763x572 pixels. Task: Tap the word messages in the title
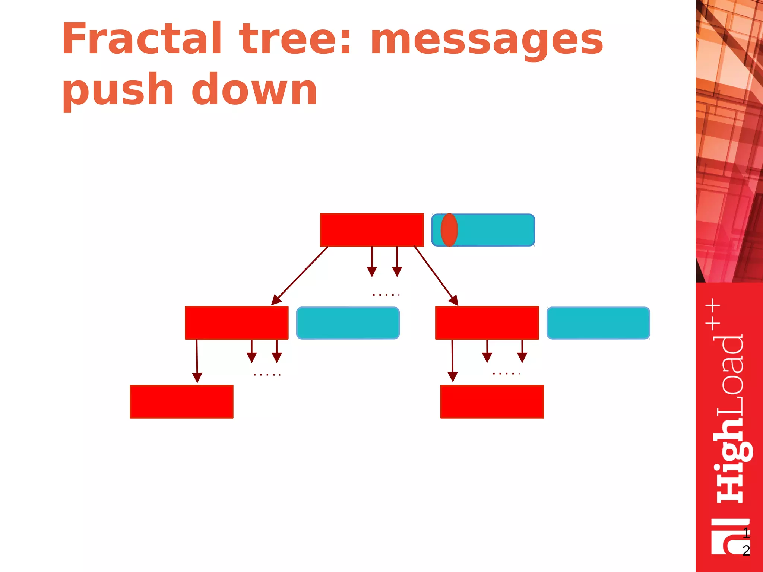[x=487, y=40]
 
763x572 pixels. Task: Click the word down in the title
[x=254, y=89]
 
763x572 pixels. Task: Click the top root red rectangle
[x=371, y=230]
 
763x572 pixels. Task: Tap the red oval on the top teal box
[x=449, y=230]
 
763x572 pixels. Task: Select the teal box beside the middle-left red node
[x=348, y=323]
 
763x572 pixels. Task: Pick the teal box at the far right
[x=598, y=323]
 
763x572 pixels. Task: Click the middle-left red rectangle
[x=237, y=323]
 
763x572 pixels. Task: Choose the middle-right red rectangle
[x=487, y=323]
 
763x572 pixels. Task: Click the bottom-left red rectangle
[x=181, y=401]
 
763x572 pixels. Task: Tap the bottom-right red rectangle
[x=492, y=401]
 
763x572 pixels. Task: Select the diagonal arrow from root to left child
[x=300, y=276]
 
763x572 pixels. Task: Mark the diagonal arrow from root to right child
[x=436, y=276]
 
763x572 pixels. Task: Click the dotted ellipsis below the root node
[x=386, y=295]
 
